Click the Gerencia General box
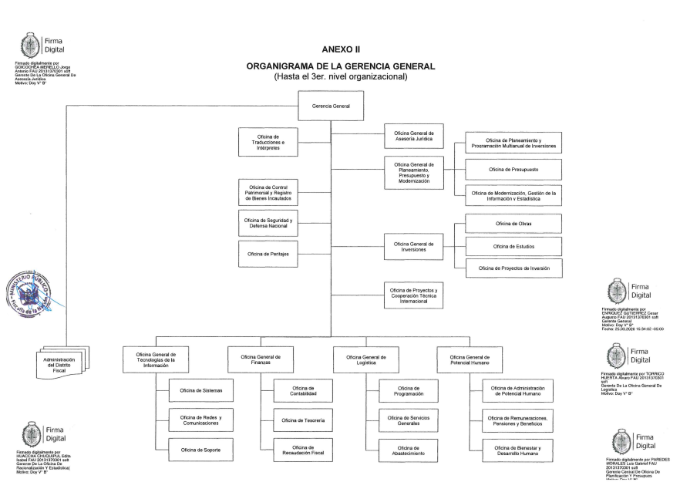click(x=329, y=106)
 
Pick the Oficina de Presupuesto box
click(x=513, y=170)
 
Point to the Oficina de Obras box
click(x=513, y=224)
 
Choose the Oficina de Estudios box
click(x=513, y=246)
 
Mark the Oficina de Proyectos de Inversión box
click(x=513, y=268)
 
